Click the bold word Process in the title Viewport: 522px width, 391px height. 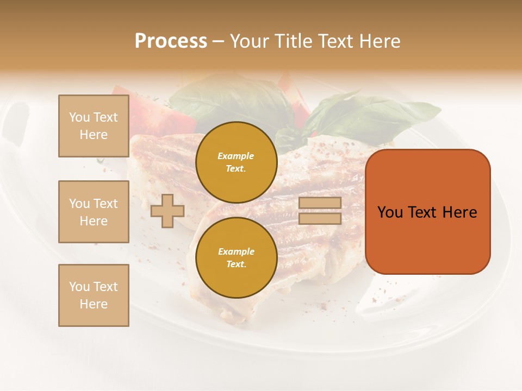[x=171, y=41]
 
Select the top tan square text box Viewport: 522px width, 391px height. [x=94, y=126]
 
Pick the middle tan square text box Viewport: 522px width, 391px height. [x=94, y=212]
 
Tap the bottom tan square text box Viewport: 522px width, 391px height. [x=94, y=295]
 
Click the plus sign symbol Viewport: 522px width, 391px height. [x=167, y=211]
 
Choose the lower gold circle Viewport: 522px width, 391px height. [x=236, y=257]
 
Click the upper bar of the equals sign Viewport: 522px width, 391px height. [x=320, y=203]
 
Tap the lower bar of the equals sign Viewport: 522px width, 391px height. [x=320, y=218]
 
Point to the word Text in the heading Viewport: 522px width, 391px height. [x=337, y=41]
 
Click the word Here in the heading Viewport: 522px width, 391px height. [x=380, y=41]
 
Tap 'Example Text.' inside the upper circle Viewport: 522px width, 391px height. [x=236, y=162]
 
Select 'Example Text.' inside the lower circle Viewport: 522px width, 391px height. [x=236, y=257]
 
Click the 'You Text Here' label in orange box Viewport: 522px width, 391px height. [x=427, y=212]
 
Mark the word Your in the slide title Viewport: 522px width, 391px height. [x=250, y=41]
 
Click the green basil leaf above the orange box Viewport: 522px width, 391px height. [x=375, y=117]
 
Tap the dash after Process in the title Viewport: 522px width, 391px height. [x=218, y=42]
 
